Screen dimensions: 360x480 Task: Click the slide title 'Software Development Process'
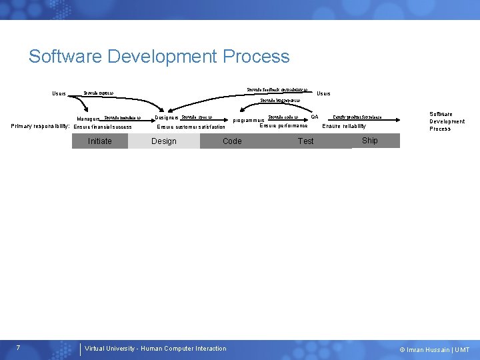click(159, 56)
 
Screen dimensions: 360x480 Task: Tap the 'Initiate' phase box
click(100, 141)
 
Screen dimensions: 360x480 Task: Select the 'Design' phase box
click(164, 141)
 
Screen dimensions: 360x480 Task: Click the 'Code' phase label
click(232, 141)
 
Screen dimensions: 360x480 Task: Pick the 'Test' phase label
click(306, 141)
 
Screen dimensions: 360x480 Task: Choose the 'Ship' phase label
click(370, 141)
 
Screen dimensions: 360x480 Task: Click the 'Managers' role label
click(88, 119)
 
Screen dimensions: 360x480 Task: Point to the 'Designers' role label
click(167, 117)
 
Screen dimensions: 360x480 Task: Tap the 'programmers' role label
click(249, 121)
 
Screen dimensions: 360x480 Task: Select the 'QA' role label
click(315, 117)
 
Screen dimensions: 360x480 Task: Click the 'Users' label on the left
click(59, 93)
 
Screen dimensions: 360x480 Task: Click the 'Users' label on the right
click(323, 93)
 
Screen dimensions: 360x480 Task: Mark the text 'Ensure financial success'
click(103, 127)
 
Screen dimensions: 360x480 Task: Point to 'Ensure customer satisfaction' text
click(191, 127)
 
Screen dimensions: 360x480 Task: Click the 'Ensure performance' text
click(283, 125)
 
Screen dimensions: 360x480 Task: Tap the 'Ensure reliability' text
click(344, 126)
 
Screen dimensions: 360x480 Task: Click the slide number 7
click(18, 348)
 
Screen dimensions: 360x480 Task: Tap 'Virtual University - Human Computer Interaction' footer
click(155, 348)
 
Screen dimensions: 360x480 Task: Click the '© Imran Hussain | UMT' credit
click(434, 349)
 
